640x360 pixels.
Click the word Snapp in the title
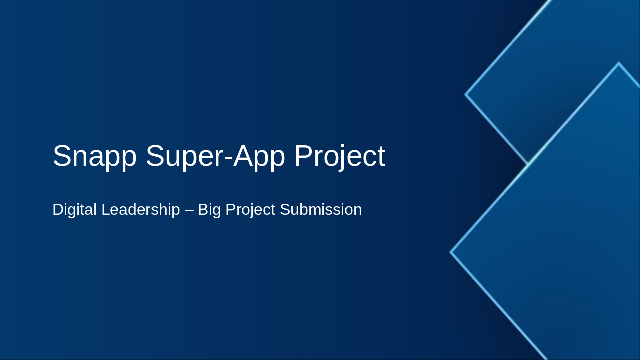pos(94,156)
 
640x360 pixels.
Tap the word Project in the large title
pos(340,156)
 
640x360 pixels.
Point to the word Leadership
pos(140,210)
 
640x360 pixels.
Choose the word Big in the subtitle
pos(209,210)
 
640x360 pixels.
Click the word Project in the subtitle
pos(250,210)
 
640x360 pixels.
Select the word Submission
pos(321,210)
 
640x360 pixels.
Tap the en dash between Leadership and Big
pos(189,210)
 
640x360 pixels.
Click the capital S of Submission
pos(285,210)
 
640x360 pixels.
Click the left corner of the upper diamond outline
pos(466,94)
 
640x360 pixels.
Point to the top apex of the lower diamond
pos(619,63)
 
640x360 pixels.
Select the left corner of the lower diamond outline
pos(451,252)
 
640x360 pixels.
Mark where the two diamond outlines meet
pos(528,163)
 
